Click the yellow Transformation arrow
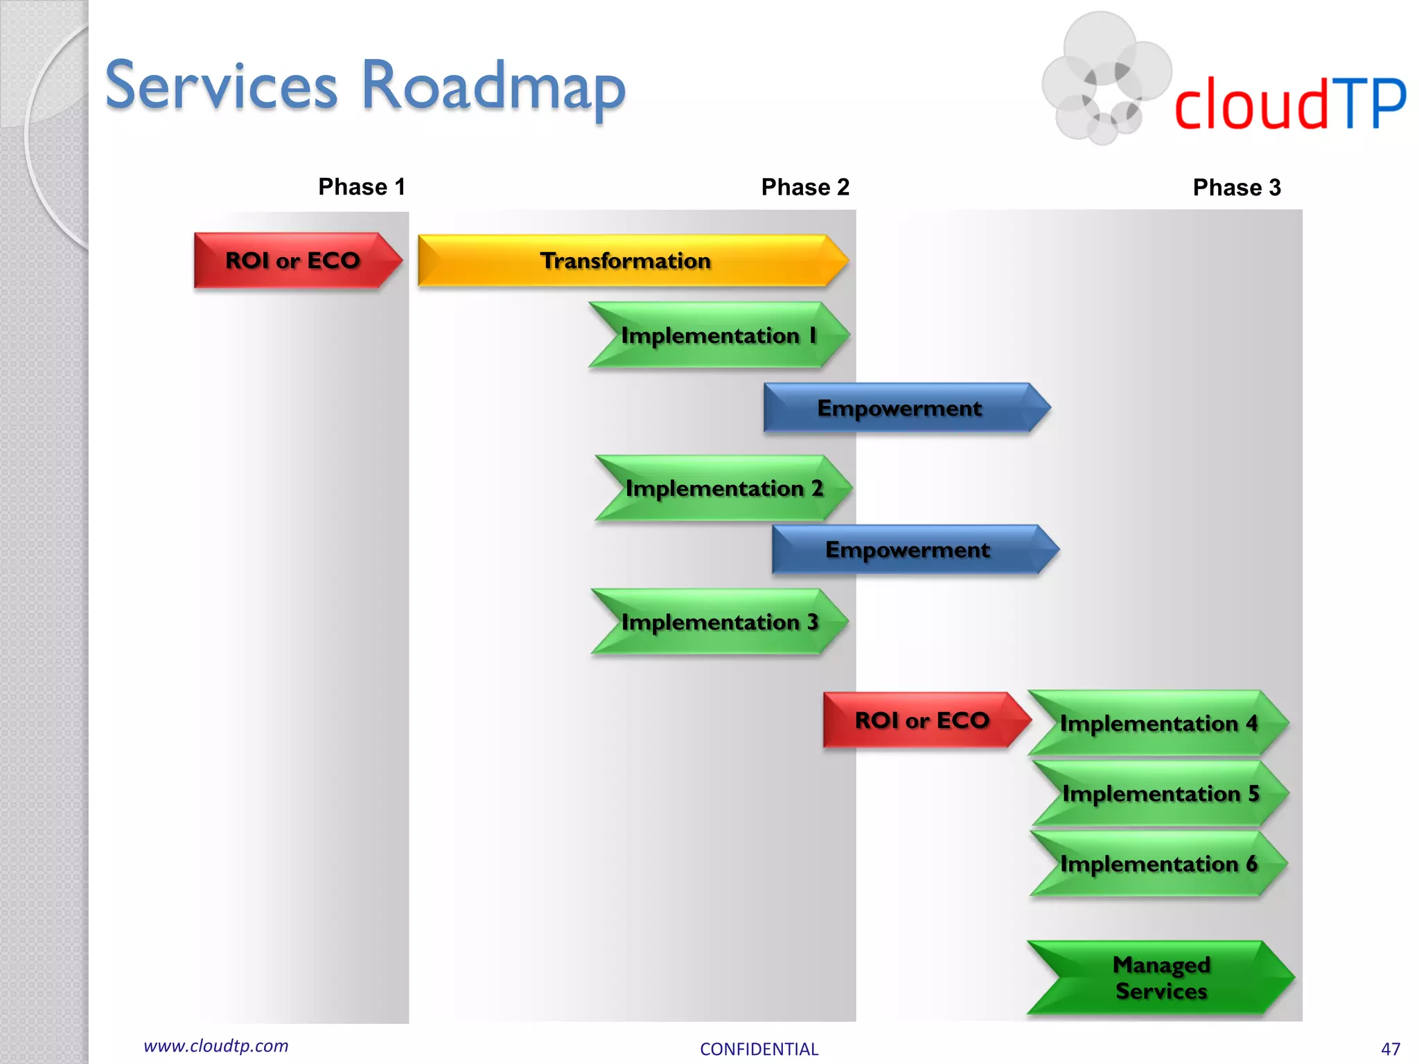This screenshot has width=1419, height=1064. [626, 260]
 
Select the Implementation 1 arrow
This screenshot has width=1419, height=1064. [719, 335]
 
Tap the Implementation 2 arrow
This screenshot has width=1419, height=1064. [723, 488]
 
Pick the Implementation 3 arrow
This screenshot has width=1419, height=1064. [719, 622]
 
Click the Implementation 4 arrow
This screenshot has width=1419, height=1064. [1158, 723]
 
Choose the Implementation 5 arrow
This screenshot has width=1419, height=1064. [1160, 794]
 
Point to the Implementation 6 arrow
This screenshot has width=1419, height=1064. [1158, 864]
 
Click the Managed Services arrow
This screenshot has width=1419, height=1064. [1161, 977]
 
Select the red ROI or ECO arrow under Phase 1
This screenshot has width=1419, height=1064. [292, 260]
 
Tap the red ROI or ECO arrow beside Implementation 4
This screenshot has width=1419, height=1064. [922, 720]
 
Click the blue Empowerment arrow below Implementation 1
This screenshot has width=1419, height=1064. [899, 408]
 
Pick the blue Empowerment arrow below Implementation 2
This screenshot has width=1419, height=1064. [908, 550]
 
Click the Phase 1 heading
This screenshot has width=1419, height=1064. [361, 187]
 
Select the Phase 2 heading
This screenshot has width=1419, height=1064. [805, 187]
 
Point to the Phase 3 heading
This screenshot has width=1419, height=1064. [1237, 188]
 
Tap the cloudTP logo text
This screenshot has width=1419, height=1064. [1289, 104]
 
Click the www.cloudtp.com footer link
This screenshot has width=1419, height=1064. [216, 1046]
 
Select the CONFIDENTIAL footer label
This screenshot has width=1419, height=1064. [759, 1049]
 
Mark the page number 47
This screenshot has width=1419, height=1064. [1390, 1049]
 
